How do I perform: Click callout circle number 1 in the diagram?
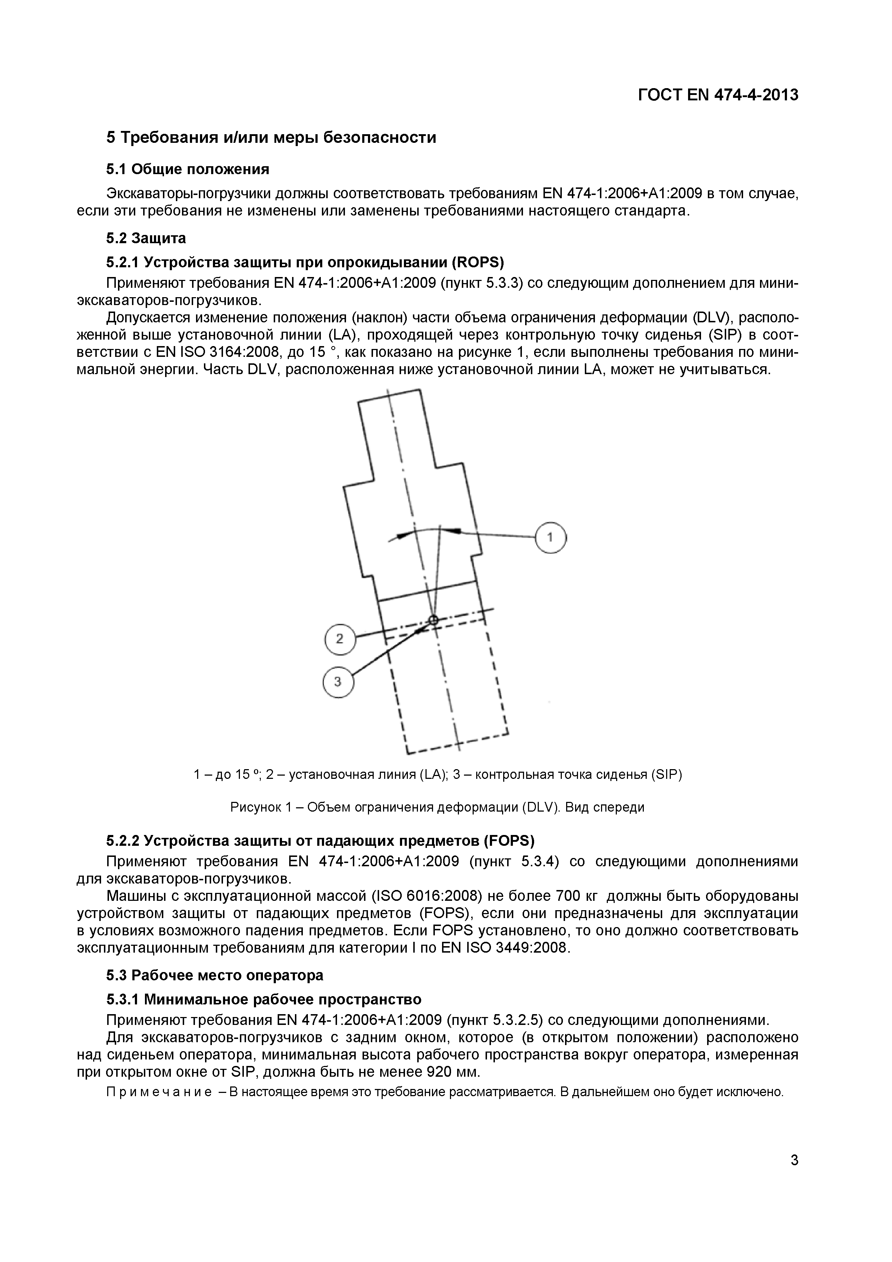[551, 537]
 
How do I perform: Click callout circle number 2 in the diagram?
[340, 639]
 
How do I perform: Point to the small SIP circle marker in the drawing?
[433, 620]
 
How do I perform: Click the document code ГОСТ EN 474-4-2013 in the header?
[718, 95]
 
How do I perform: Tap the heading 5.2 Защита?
[146, 238]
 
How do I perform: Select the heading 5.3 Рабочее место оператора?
[214, 975]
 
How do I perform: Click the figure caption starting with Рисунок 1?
[437, 807]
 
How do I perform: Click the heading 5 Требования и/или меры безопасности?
[271, 137]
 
